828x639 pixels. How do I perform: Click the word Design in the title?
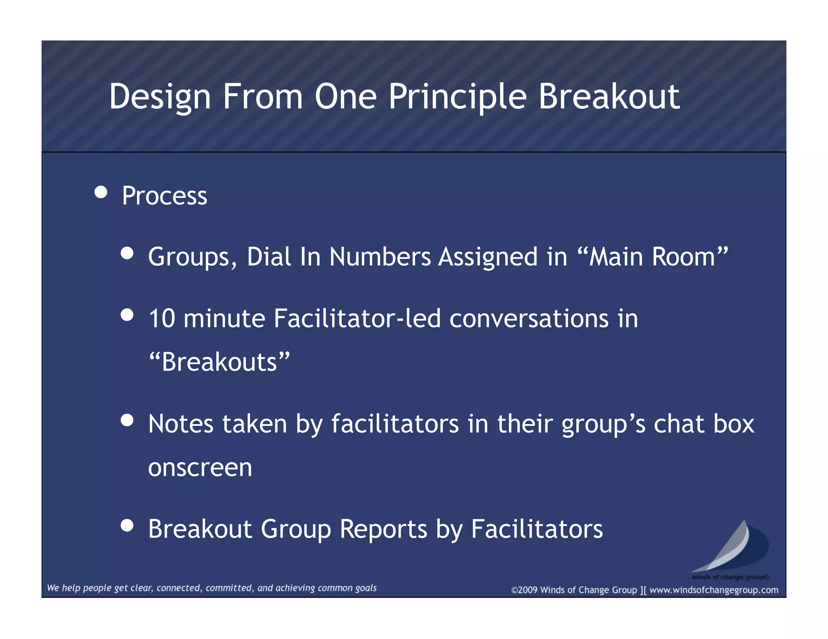(160, 97)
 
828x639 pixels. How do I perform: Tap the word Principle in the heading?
(458, 97)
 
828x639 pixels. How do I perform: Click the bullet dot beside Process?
(101, 192)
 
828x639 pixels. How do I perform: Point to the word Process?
(165, 196)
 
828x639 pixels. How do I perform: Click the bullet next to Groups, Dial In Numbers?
(127, 253)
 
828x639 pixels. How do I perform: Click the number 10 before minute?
(162, 318)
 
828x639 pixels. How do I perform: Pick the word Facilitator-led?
(357, 318)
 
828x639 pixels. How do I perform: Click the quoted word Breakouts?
(220, 362)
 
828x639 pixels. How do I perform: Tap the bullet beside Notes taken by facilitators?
(127, 420)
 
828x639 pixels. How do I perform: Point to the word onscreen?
(200, 467)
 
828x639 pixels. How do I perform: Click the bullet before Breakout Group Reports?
(127, 525)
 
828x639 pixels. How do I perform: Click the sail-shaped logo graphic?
(732, 547)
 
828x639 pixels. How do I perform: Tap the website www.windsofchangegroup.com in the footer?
(714, 590)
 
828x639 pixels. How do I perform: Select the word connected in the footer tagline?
(178, 588)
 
